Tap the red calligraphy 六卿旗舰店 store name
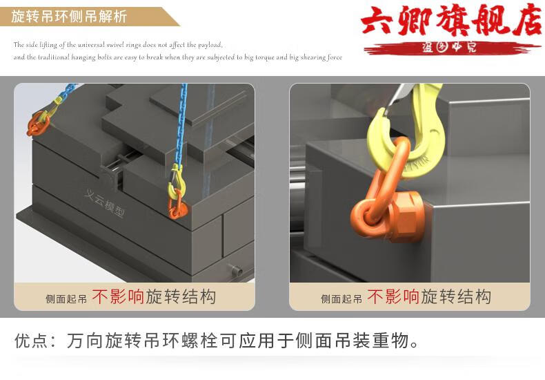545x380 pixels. [451, 23]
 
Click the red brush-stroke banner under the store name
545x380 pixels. [449, 47]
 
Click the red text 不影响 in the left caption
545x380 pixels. [118, 297]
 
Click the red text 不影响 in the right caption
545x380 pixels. [393, 297]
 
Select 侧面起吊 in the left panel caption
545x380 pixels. [66, 299]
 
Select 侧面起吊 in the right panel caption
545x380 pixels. [341, 299]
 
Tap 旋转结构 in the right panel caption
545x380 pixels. [456, 297]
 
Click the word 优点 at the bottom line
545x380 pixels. [31, 341]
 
